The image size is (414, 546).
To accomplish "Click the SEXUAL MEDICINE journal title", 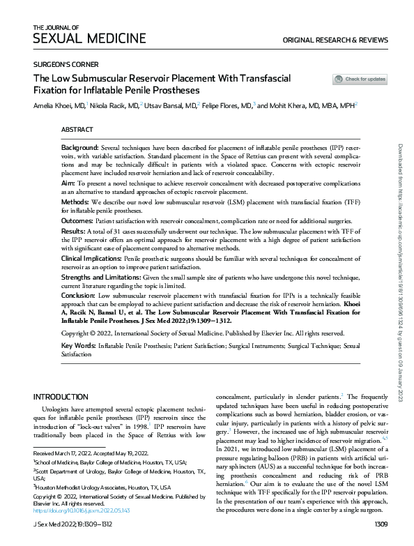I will (89, 38).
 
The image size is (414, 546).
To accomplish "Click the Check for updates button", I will (360, 79).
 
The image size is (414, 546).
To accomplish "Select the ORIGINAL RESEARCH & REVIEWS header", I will (335, 40).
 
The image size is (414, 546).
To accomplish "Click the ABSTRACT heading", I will (77, 130).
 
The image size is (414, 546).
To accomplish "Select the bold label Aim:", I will (68, 180).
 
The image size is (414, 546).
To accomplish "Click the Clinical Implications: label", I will (91, 258).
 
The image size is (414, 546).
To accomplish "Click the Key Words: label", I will (77, 345).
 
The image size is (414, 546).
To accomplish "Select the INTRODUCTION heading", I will (61, 396).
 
